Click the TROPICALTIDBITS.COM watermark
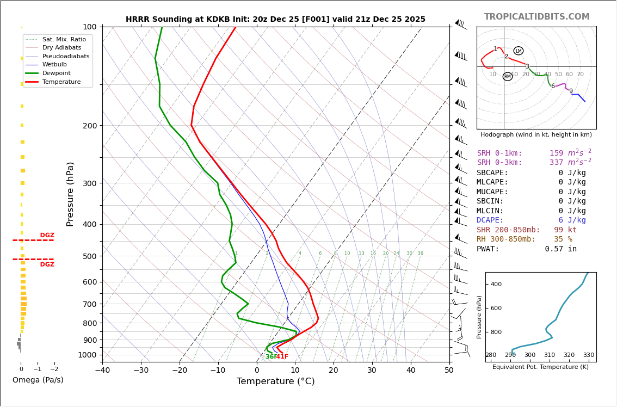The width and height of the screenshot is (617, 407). (536, 17)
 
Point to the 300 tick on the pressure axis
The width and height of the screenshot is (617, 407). (89, 183)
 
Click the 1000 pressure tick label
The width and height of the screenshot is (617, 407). (87, 355)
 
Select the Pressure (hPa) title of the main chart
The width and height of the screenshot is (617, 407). (70, 194)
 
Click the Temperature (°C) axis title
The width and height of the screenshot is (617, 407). (275, 381)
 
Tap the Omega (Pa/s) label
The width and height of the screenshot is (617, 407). (38, 380)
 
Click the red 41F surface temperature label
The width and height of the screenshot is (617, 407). (282, 357)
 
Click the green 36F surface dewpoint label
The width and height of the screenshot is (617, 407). (270, 357)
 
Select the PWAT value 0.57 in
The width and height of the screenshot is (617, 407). (560, 249)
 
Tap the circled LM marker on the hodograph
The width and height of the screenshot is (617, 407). (518, 51)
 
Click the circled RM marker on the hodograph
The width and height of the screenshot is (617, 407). (508, 77)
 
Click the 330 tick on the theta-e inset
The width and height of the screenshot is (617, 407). (588, 355)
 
